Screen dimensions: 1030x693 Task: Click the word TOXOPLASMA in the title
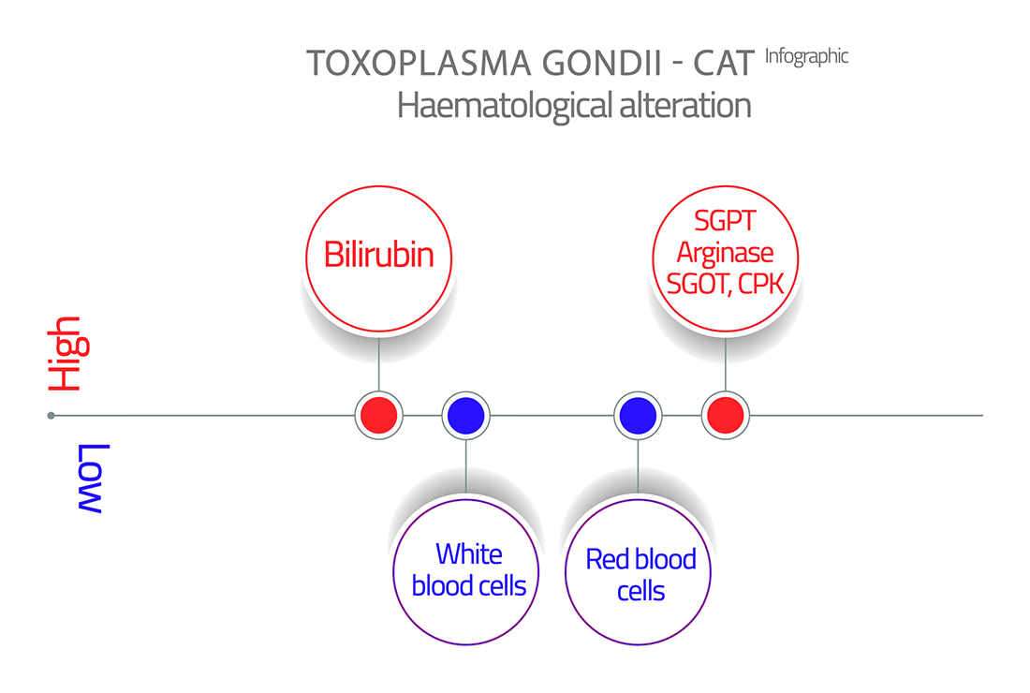419,64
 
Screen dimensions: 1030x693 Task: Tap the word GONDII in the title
602,64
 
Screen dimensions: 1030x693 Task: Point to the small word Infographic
806,57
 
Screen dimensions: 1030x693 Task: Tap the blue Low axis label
91,479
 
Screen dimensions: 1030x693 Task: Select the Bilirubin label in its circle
379,254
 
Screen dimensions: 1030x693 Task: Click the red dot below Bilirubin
379,415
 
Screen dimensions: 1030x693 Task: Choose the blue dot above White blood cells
465,415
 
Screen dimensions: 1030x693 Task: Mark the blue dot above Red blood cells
638,415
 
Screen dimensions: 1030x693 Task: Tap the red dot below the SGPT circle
725,415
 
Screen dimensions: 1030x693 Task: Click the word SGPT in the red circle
725,221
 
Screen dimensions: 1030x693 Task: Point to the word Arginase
725,253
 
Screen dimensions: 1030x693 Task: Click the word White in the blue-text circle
469,553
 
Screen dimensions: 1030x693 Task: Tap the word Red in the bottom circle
604,559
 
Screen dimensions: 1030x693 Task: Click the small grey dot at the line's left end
51,415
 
